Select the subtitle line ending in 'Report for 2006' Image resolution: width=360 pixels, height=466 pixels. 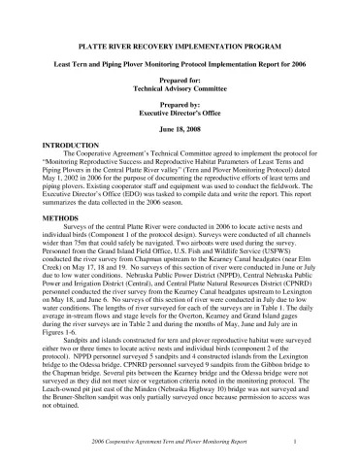180,65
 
